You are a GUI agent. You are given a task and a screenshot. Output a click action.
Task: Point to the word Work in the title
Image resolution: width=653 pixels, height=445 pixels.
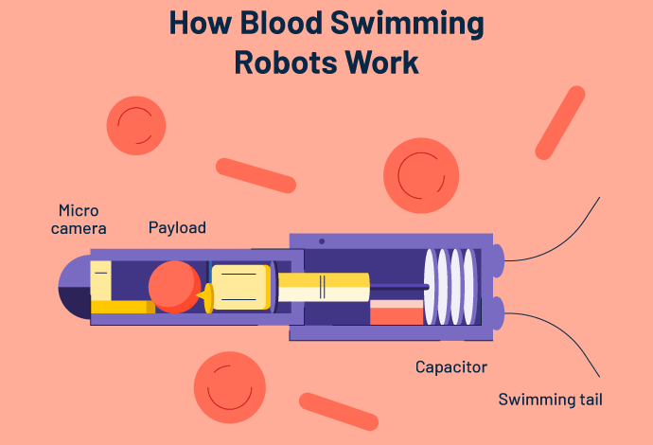380,62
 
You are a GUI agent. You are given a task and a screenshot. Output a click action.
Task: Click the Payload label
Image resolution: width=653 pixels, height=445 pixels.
177,228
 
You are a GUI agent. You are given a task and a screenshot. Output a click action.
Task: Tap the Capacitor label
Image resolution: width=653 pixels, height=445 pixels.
452,366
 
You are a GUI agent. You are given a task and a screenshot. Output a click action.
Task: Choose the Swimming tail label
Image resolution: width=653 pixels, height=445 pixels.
550,400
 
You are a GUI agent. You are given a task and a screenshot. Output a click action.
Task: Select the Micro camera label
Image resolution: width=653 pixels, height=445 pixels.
81,220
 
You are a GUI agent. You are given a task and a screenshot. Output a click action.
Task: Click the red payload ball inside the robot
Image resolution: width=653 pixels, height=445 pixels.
174,287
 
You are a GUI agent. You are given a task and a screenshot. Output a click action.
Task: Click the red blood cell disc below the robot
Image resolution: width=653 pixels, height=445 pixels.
227,386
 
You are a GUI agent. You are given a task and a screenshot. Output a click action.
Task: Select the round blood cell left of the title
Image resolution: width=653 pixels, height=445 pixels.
135,125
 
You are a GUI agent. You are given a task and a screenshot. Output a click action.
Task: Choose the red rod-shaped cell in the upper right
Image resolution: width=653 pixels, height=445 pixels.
559,122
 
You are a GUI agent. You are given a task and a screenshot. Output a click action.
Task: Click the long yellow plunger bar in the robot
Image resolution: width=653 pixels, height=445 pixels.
322,287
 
